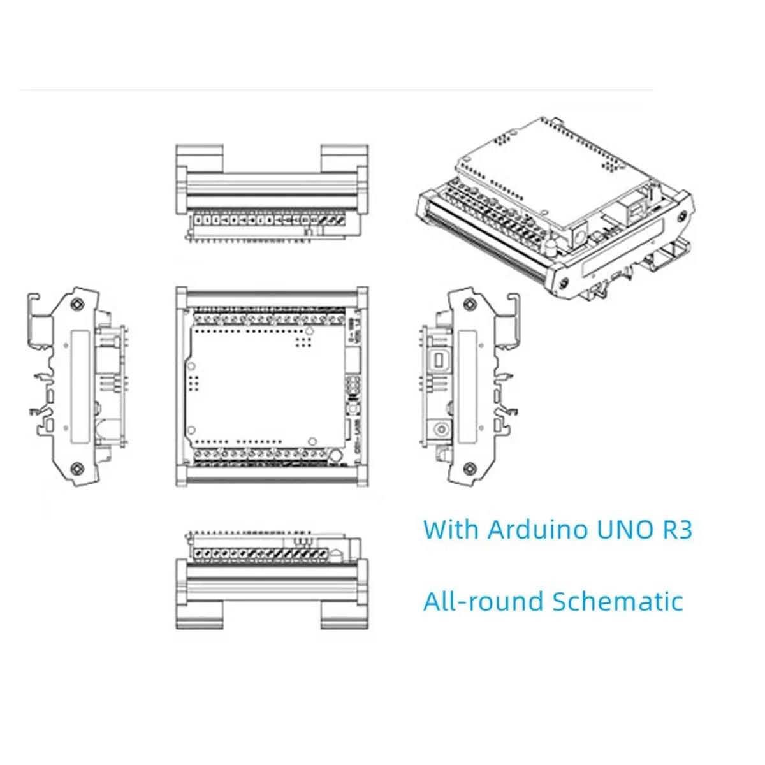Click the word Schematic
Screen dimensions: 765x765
click(617, 602)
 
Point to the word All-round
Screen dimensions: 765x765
click(483, 602)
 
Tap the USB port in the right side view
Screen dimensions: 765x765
click(439, 360)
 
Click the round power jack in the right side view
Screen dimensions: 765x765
click(439, 428)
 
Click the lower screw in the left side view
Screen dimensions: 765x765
click(76, 469)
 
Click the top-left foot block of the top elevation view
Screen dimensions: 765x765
click(200, 157)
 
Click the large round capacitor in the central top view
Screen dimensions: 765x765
click(334, 455)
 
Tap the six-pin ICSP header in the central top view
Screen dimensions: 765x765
click(351, 386)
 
